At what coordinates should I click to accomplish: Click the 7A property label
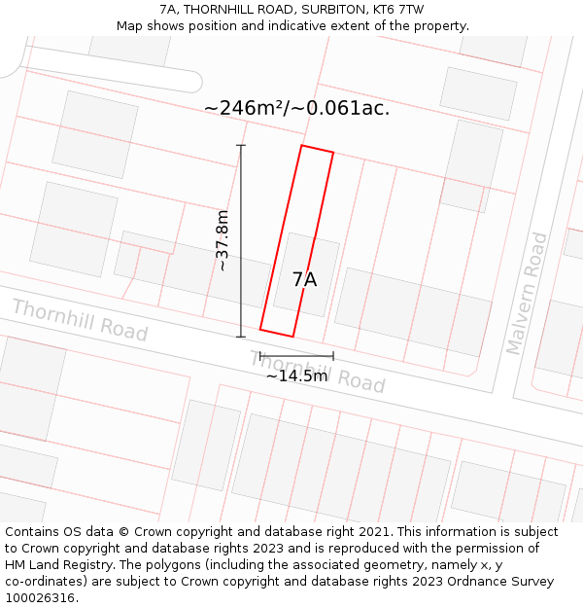coord(304,280)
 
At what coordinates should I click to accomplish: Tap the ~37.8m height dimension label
coord(223,240)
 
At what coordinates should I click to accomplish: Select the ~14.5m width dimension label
coord(296,376)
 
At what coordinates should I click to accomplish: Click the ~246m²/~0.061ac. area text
coord(296,108)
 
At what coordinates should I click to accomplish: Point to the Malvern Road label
coord(526,293)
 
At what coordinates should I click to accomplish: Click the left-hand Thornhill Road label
coord(80,320)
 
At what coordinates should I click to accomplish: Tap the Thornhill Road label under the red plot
coord(319,372)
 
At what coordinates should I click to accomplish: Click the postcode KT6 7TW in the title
coord(398,10)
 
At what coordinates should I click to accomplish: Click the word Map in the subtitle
coord(130,26)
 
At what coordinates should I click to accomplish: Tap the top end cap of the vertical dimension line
coord(241,146)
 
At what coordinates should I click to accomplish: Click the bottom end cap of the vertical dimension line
coord(241,338)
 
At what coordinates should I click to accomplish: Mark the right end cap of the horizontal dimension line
coord(333,356)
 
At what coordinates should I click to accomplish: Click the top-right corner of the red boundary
coord(333,153)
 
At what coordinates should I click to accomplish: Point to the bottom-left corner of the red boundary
coord(260,330)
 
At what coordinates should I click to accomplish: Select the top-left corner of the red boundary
coord(302,146)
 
